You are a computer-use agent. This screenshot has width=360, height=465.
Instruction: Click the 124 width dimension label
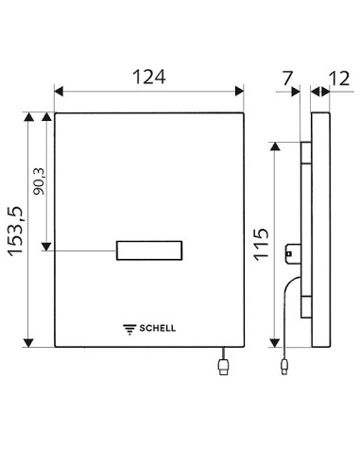[149, 77]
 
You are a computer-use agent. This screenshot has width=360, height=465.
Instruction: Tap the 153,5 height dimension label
[16, 232]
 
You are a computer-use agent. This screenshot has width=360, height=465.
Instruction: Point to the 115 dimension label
[261, 245]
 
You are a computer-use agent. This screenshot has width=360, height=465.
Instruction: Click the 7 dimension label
[287, 78]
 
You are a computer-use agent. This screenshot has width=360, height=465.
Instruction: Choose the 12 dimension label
[339, 78]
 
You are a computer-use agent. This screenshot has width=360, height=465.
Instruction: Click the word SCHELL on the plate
[158, 328]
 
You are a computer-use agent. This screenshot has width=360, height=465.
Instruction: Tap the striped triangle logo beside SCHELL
[129, 329]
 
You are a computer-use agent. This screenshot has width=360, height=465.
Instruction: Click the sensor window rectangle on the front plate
[149, 250]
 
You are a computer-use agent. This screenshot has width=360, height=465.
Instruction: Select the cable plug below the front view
[224, 368]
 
